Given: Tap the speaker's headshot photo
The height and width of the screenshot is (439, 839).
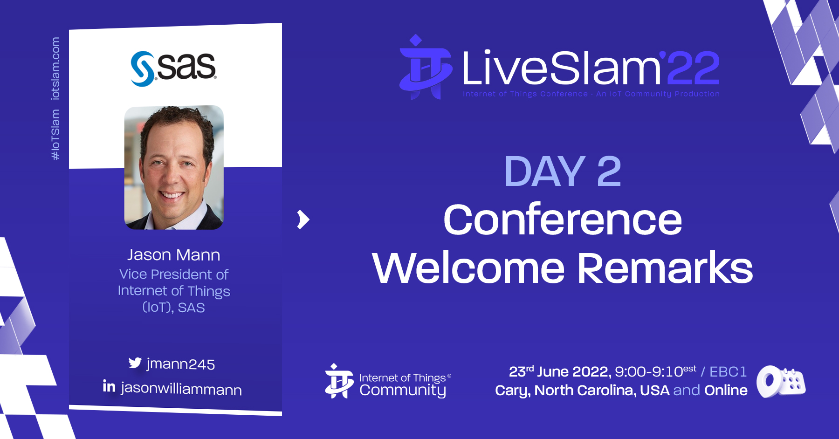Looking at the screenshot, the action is pyautogui.click(x=174, y=167).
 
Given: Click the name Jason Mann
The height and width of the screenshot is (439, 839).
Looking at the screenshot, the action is pyautogui.click(x=174, y=255).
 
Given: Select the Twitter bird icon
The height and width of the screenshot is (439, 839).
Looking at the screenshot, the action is pyautogui.click(x=135, y=363).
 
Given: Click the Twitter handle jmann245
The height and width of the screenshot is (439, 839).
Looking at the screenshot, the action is pyautogui.click(x=181, y=364).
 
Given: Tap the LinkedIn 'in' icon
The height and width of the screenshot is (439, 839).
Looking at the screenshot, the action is pyautogui.click(x=109, y=386).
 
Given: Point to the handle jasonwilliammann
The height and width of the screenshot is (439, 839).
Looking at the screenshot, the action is pyautogui.click(x=181, y=389).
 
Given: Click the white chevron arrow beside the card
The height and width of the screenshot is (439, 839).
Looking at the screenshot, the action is pyautogui.click(x=303, y=219).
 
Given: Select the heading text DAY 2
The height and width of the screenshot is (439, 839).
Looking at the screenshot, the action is pyautogui.click(x=563, y=171).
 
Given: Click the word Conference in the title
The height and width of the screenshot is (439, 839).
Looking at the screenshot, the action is pyautogui.click(x=563, y=219).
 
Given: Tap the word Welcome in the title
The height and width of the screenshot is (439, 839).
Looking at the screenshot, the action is pyautogui.click(x=468, y=268).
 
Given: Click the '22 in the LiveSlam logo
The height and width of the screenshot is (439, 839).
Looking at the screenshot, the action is pyautogui.click(x=691, y=68).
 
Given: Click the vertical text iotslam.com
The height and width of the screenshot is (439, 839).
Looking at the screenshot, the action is pyautogui.click(x=55, y=69).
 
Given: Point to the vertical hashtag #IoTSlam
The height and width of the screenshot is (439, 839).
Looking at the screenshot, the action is pyautogui.click(x=55, y=135).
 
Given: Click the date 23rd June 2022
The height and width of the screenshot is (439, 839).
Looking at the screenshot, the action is pyautogui.click(x=560, y=371).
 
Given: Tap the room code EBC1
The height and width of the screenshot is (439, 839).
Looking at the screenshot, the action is pyautogui.click(x=728, y=371).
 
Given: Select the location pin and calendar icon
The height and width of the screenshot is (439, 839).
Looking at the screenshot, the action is pyautogui.click(x=781, y=382).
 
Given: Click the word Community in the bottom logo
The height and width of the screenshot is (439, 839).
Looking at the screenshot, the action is pyautogui.click(x=403, y=391).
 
